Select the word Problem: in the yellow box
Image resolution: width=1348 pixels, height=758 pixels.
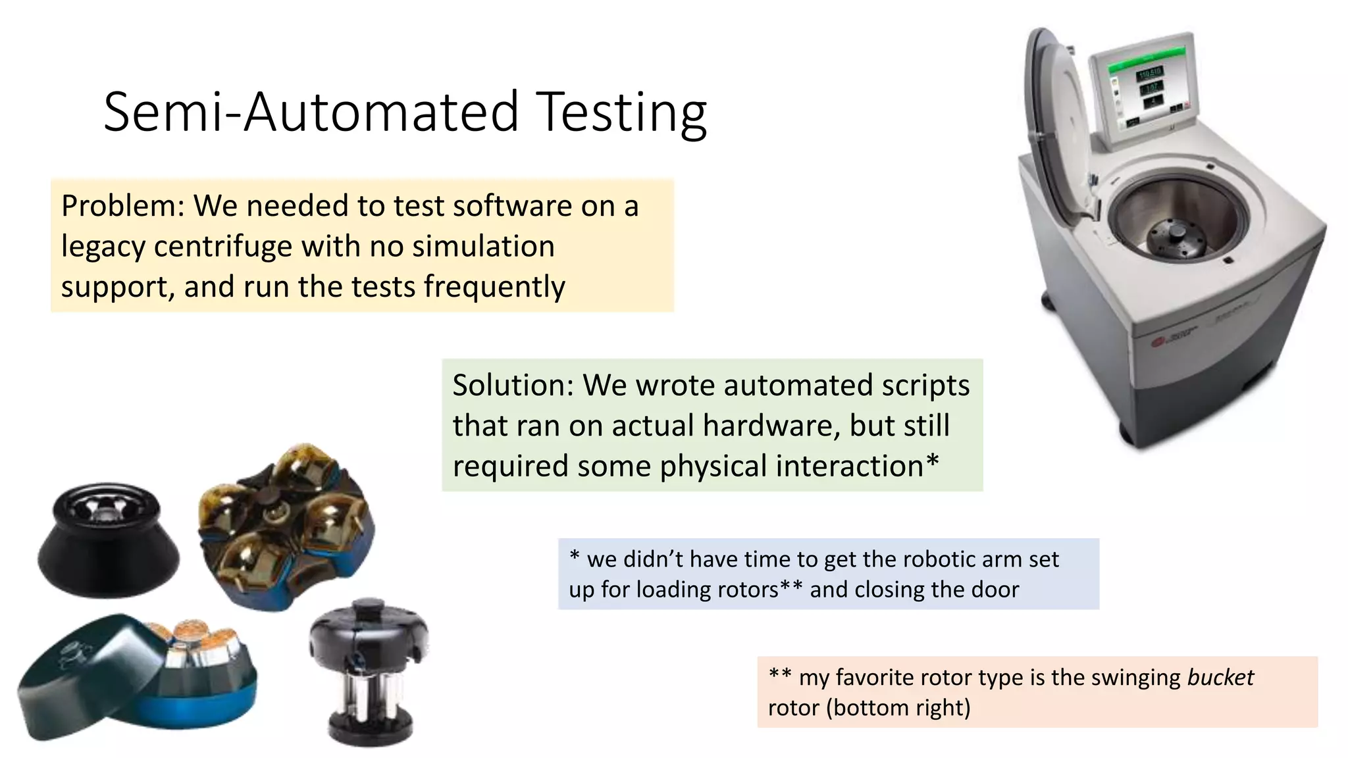[122, 206]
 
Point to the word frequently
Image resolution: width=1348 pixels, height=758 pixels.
[494, 287]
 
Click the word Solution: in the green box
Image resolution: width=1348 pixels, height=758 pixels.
[513, 386]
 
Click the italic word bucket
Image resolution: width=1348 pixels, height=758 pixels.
[1220, 677]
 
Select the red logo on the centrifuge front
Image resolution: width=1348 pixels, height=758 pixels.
[1158, 342]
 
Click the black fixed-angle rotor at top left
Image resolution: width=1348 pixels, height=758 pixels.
[108, 540]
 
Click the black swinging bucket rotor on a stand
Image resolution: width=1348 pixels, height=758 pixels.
[369, 671]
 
